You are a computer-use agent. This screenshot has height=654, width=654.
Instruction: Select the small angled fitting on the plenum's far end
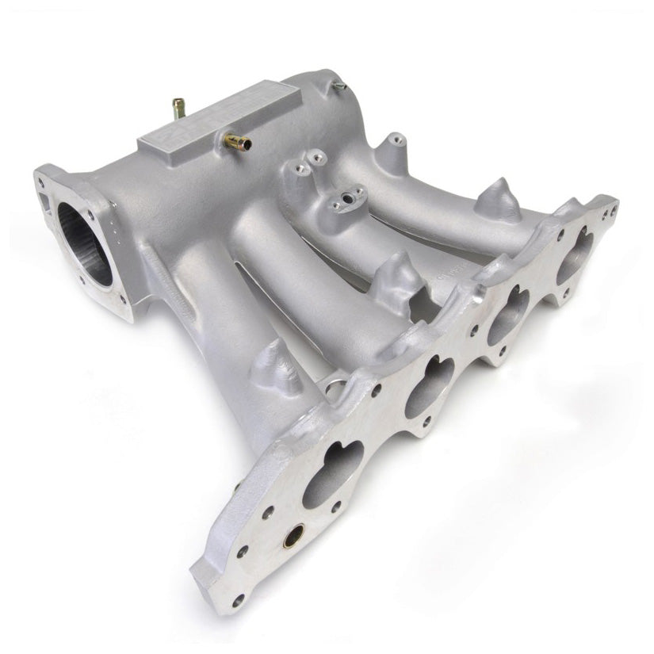[339, 84]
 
